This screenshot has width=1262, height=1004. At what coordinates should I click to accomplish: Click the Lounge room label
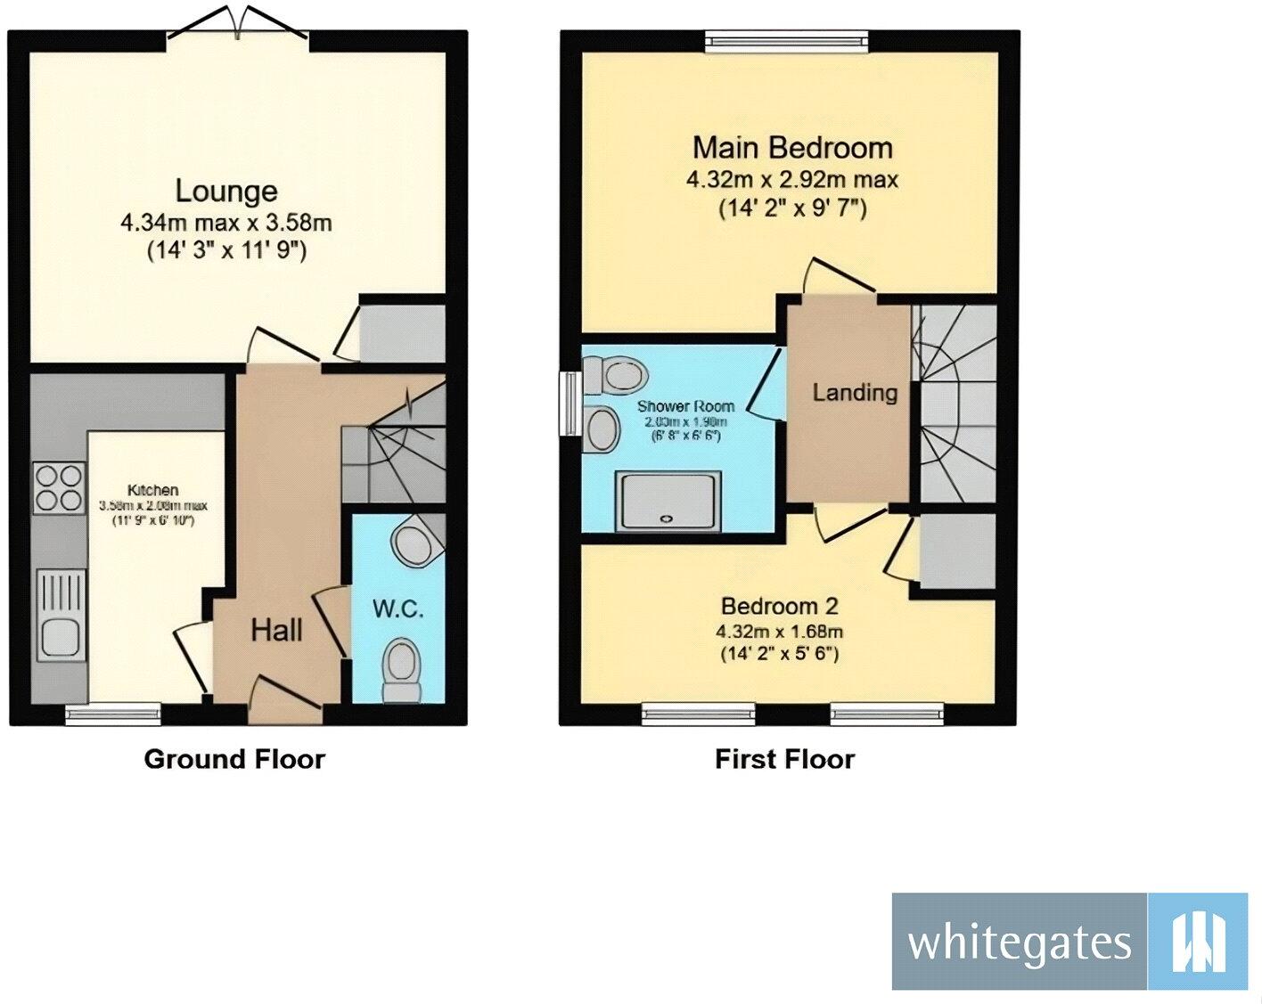click(x=226, y=191)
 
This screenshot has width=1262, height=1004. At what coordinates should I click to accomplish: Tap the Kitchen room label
click(x=152, y=490)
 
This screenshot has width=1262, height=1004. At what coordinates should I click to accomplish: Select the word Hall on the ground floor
click(x=276, y=631)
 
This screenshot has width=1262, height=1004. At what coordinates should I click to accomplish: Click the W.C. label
click(x=397, y=609)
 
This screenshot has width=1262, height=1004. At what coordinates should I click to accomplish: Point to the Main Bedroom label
click(x=792, y=147)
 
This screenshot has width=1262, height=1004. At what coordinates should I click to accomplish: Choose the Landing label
click(x=855, y=392)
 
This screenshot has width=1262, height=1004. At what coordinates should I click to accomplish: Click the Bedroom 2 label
click(x=780, y=607)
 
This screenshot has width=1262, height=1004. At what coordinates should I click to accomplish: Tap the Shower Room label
click(x=685, y=406)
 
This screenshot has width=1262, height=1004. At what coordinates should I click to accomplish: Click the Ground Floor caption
click(x=234, y=759)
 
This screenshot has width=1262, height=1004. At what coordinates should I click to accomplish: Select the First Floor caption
click(x=784, y=759)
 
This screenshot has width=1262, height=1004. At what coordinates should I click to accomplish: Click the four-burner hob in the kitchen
click(x=60, y=488)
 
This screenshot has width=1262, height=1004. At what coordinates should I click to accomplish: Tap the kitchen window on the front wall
click(x=113, y=711)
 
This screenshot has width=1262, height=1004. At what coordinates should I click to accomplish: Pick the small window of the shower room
click(x=568, y=404)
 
